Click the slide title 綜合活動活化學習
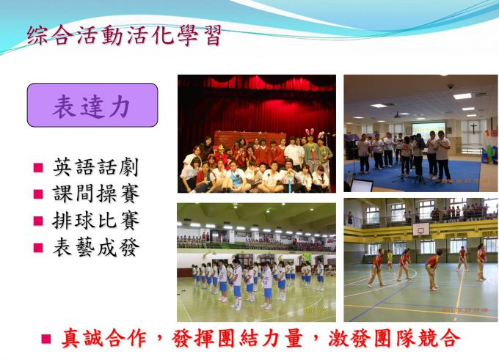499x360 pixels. [x=124, y=35]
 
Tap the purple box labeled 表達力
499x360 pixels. [x=92, y=106]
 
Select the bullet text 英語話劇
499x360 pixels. [x=96, y=167]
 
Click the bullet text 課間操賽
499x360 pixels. [x=96, y=194]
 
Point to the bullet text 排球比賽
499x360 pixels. [x=96, y=221]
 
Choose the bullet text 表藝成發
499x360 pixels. [x=96, y=247]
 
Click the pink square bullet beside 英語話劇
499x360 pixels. [x=38, y=168]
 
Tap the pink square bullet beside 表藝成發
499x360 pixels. [x=38, y=248]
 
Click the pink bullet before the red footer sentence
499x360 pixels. [x=46, y=339]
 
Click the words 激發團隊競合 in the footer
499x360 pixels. [x=394, y=338]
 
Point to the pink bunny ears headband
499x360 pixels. [x=310, y=132]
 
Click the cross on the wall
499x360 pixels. [x=474, y=128]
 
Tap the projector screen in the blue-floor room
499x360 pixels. [x=429, y=130]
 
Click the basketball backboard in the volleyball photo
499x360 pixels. [x=421, y=229]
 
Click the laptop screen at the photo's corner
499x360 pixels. [x=362, y=185]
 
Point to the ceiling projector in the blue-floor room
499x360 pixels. [x=397, y=115]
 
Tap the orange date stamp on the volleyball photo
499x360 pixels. [x=465, y=309]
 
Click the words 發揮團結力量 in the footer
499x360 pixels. [x=236, y=338]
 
